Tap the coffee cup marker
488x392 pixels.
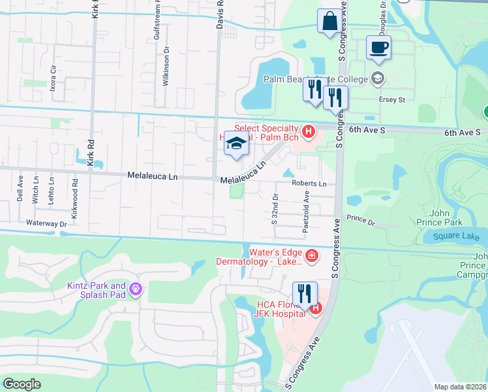[378, 47]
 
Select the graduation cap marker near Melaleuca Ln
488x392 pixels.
[236, 144]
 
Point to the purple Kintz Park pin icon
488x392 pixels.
[135, 288]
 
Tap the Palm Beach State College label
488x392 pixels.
[316, 79]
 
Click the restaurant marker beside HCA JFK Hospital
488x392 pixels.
[305, 294]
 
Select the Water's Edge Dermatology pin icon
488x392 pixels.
[312, 255]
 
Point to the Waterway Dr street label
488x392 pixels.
[47, 223]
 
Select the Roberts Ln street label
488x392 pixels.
[309, 184]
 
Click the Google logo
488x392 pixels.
[22, 384]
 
